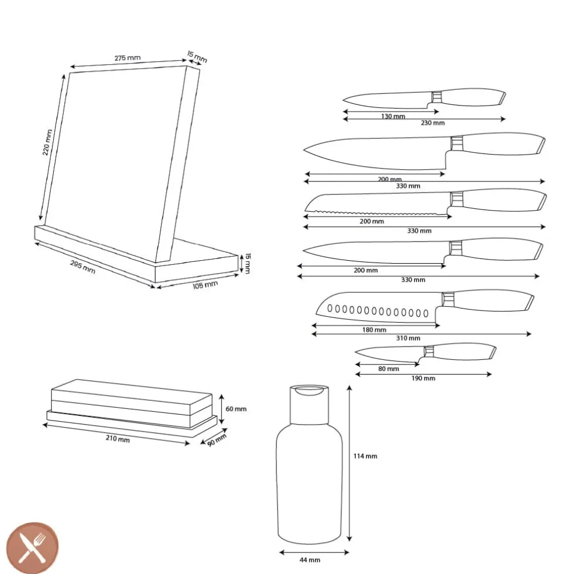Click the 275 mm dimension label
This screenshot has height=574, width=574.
[127, 58]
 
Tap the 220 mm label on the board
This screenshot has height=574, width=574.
[47, 142]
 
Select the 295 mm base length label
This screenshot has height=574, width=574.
[83, 267]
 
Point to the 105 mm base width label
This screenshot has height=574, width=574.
[205, 285]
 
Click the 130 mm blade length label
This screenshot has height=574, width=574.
[393, 117]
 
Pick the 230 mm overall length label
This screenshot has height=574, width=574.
[433, 123]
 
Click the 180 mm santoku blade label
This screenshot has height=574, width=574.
[374, 330]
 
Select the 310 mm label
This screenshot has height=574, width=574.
[408, 338]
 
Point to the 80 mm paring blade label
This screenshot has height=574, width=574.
[388, 369]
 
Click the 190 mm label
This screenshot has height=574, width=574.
[423, 378]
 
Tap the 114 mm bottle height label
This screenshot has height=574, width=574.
[365, 456]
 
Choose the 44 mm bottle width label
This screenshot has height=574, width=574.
[310, 560]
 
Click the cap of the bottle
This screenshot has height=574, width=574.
[309, 404]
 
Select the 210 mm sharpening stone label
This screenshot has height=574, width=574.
[117, 438]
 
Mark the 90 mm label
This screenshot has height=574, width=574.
[217, 440]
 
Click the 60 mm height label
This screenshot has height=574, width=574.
[236, 409]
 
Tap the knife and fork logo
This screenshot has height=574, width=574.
[33, 548]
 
